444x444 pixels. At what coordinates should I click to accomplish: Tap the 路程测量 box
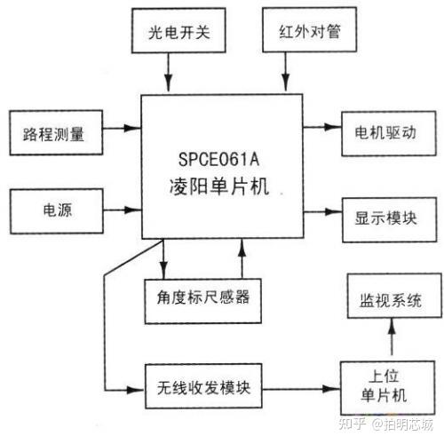54,135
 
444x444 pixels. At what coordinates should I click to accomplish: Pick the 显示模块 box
388,216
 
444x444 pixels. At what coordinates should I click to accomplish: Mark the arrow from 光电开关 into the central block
168,73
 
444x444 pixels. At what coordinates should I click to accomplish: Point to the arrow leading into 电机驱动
321,128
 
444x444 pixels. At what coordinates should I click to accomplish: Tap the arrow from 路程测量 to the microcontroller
123,128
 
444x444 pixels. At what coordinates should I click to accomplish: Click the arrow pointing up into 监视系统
388,341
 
